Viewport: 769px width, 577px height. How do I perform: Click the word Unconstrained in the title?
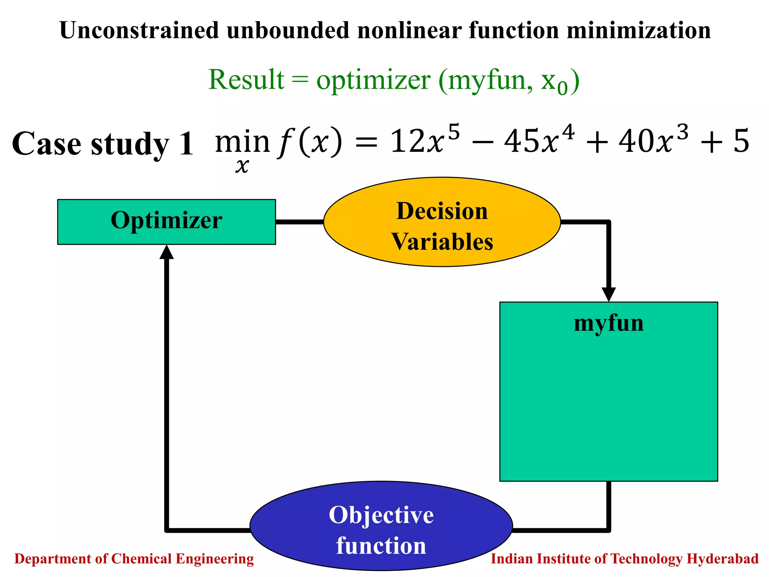click(139, 30)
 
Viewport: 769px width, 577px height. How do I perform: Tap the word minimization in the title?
click(638, 30)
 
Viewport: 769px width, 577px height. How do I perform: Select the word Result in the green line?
click(246, 80)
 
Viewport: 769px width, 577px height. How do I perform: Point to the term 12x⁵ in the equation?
click(424, 141)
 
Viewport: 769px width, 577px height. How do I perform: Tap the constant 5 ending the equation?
click(741, 141)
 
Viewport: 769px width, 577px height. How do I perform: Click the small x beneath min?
click(242, 166)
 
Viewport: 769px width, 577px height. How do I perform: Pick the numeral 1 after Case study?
click(186, 144)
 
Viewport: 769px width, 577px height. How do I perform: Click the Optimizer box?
click(166, 222)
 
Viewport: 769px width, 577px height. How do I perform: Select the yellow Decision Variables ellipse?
click(442, 222)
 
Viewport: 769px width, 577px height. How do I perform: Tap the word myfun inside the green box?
click(608, 323)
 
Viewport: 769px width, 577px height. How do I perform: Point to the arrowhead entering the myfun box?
click(609, 294)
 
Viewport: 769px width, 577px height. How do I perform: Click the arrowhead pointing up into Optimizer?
click(166, 252)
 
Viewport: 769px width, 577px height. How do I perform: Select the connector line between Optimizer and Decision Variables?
click(299, 222)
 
